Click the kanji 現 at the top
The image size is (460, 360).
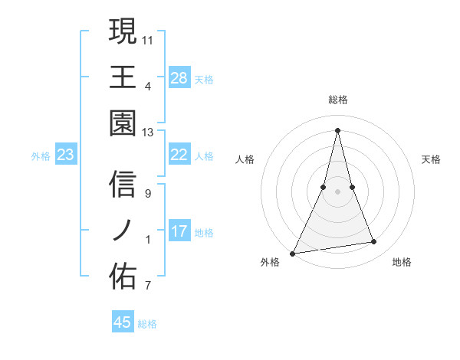[123, 32]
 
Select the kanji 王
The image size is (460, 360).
[123, 77]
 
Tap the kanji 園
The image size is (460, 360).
[123, 123]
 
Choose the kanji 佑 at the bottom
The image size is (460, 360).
[123, 274]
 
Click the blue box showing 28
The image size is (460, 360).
[179, 78]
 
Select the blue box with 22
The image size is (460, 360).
[179, 155]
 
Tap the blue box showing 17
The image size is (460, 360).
[179, 231]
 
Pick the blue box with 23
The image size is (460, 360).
[66, 155]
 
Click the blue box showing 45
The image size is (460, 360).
[123, 322]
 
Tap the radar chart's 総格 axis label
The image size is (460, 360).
[338, 100]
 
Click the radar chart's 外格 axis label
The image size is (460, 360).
[270, 262]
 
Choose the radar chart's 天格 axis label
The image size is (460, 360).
[432, 159]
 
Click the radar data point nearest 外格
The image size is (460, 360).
[293, 253]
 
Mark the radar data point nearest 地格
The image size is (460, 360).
[374, 242]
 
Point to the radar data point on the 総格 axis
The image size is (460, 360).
[338, 129]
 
